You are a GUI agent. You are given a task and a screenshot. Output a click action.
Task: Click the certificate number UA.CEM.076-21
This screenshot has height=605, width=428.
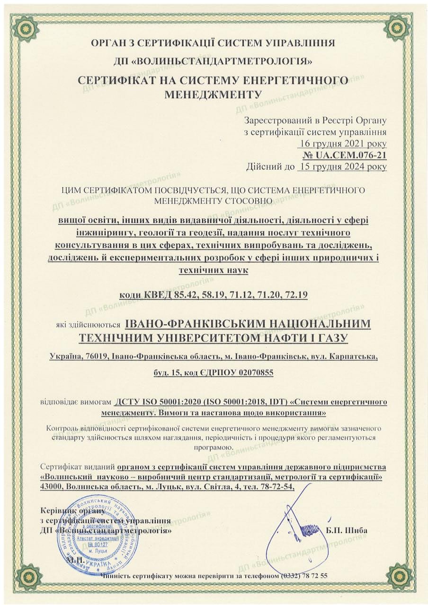click(345, 155)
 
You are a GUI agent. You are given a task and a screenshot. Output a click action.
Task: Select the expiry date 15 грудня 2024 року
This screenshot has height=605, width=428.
click(342, 166)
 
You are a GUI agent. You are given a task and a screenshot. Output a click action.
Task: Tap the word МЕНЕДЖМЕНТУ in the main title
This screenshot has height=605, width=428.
click(213, 94)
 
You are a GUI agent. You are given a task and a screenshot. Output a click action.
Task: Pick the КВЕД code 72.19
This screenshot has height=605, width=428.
click(296, 295)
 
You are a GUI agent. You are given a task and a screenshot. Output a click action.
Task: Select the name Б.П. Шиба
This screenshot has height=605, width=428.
click(347, 530)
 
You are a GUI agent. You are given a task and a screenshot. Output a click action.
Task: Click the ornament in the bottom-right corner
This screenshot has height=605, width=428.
click(400, 576)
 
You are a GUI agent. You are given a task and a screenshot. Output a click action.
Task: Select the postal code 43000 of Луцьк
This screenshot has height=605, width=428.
click(52, 487)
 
